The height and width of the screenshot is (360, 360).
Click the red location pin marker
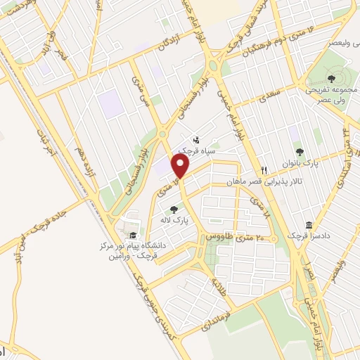pyautogui.click(x=181, y=167)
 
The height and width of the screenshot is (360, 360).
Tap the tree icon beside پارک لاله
pyautogui.click(x=174, y=208)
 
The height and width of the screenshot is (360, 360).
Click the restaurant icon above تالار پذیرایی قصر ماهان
pyautogui.click(x=264, y=170)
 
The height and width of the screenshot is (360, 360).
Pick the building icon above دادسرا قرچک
pyautogui.click(x=308, y=226)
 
